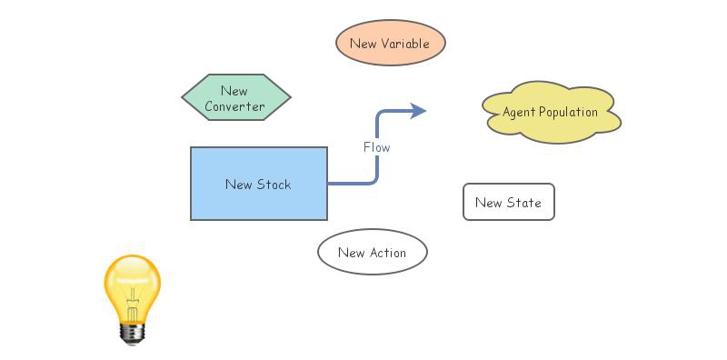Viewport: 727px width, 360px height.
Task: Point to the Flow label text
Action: pos(377,146)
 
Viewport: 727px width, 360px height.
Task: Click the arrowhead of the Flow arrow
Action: pos(419,111)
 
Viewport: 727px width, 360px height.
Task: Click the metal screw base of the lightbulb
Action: pos(133,334)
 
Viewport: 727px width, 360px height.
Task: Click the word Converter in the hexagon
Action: pos(234,106)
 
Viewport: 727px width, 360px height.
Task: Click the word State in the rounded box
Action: pos(524,203)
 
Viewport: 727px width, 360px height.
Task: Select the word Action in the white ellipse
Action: pos(387,253)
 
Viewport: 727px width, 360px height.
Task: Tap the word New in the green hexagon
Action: pos(234,91)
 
